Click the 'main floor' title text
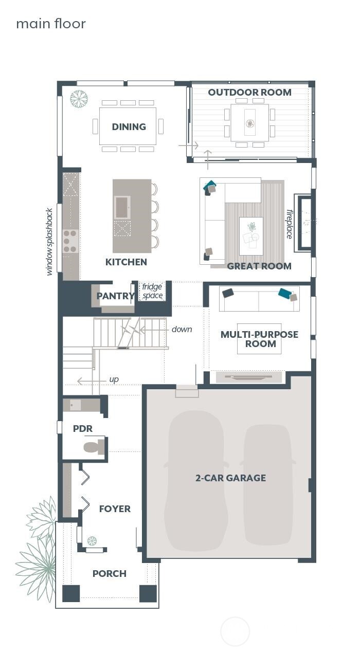pyautogui.click(x=50, y=24)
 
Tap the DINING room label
pyautogui.click(x=129, y=127)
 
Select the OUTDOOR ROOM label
pyautogui.click(x=249, y=93)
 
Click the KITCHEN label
pyautogui.click(x=126, y=262)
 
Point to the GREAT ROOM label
pyautogui.click(x=259, y=266)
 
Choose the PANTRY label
pyautogui.click(x=115, y=296)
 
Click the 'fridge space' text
pyautogui.click(x=152, y=292)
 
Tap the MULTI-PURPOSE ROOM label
pyautogui.click(x=259, y=339)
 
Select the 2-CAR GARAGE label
pyautogui.click(x=230, y=478)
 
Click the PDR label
pyautogui.click(x=82, y=428)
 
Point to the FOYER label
pyautogui.click(x=115, y=509)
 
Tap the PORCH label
pyautogui.click(x=109, y=573)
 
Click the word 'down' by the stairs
pyautogui.click(x=182, y=329)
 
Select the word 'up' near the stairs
pyautogui.click(x=114, y=379)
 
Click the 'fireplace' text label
pyautogui.click(x=289, y=224)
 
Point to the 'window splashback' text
pyautogui.click(x=49, y=242)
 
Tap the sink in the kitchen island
pyautogui.click(x=122, y=207)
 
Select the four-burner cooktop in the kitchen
pyautogui.click(x=70, y=241)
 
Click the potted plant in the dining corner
pyautogui.click(x=79, y=99)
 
